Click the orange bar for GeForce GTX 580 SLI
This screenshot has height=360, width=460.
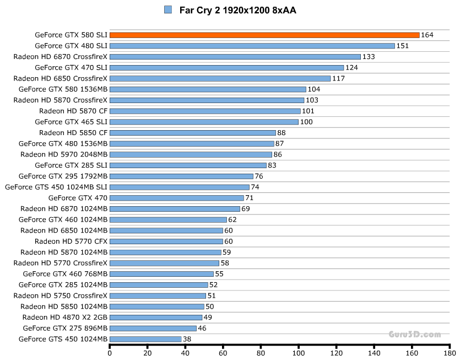(x=264, y=35)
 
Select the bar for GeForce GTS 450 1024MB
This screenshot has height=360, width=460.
(x=145, y=339)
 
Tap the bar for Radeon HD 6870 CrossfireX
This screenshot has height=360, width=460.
(x=235, y=57)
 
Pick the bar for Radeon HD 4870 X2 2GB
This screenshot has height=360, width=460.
(x=156, y=318)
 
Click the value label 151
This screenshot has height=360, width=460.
(x=403, y=46)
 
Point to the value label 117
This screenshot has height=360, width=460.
(x=338, y=78)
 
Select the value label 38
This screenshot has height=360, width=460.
(x=188, y=339)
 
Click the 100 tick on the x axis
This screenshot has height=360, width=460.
(x=299, y=353)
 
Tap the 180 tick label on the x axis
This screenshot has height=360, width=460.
(x=450, y=353)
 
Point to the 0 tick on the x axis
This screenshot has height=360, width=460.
(x=110, y=353)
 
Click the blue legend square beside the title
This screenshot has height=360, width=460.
(x=169, y=10)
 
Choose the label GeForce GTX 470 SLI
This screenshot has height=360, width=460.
(x=71, y=67)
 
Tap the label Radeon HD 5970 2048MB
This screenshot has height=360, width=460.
(x=64, y=154)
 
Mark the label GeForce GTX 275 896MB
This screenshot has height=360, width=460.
(x=65, y=328)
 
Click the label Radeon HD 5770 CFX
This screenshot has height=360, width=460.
(x=71, y=241)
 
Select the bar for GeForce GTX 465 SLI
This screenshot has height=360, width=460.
(x=204, y=122)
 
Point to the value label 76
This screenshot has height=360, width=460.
(x=259, y=176)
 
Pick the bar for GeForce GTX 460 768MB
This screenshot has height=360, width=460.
(x=161, y=274)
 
